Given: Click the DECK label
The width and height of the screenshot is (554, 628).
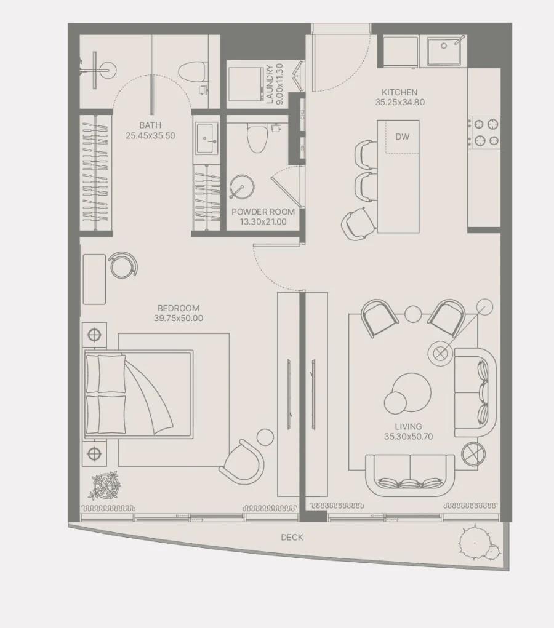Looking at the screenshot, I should tap(292, 537).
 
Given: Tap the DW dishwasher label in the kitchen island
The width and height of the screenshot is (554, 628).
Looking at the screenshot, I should tap(402, 137).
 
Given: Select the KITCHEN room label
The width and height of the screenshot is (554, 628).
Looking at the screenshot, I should tap(399, 93).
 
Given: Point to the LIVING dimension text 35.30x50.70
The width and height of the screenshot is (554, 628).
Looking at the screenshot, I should tap(408, 437).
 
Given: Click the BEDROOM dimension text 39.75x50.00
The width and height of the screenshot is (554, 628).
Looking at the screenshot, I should tap(178, 319).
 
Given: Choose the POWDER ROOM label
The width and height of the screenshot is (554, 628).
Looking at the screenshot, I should tap(263, 212).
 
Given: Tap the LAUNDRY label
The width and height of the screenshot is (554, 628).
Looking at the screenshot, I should tap(270, 84).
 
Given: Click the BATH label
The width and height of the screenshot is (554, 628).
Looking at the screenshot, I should tap(150, 125).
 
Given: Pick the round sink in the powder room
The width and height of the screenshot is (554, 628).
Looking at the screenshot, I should tap(239, 186).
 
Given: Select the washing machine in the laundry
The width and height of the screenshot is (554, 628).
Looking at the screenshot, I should tap(245, 84).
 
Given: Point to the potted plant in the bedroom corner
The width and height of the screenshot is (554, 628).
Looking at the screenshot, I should tap(104, 484).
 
